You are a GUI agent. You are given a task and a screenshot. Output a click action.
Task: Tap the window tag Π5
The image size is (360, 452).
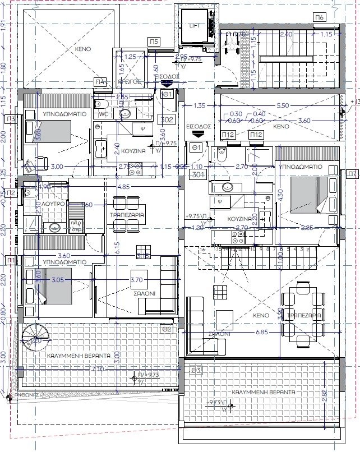[154, 41]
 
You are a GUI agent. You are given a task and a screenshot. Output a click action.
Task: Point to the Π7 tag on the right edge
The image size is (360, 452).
[352, 174]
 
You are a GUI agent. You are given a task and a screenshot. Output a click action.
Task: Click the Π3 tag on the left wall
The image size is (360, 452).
[10, 119]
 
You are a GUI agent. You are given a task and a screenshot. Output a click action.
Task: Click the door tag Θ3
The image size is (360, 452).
[196, 370]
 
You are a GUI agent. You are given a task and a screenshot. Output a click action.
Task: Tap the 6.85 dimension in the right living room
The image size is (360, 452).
[261, 333]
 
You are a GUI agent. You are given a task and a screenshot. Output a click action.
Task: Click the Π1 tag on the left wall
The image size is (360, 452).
[10, 260]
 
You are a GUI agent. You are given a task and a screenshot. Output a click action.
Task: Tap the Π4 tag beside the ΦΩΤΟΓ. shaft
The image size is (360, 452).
[100, 82]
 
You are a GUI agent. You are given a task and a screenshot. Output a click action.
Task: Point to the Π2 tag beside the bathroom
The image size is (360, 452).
[10, 193]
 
